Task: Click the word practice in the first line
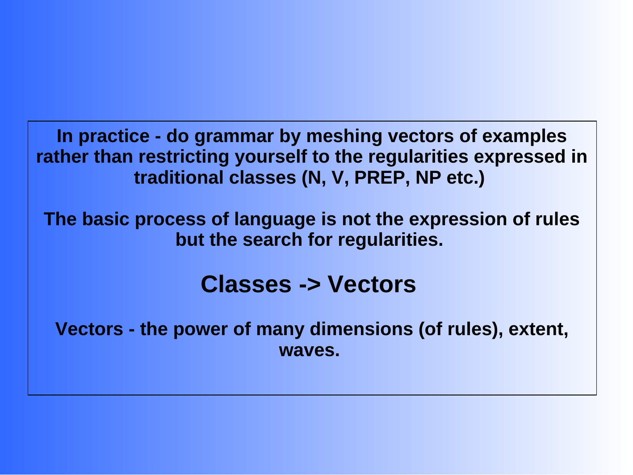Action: coord(114,137)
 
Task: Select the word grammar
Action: coord(234,137)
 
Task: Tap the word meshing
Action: coord(344,137)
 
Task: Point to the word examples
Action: coord(524,137)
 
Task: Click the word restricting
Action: coord(184,157)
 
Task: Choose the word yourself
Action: coord(271,157)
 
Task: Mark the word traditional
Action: coord(179,178)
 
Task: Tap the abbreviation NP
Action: coord(428,178)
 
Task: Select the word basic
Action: coord(105,219)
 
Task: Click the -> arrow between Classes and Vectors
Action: coord(310,285)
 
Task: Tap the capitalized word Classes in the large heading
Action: coord(246,285)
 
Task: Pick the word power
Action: coord(201,330)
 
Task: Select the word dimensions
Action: coord(361,329)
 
